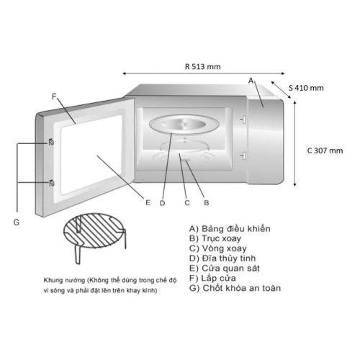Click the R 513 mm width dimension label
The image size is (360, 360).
[203, 66]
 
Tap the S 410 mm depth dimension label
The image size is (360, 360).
[306, 88]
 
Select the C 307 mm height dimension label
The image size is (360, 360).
[325, 150]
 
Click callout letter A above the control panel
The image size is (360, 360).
[251, 81]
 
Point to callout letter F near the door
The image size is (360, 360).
[54, 96]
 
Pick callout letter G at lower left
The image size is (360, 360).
[17, 222]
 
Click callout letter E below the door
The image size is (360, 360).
[148, 203]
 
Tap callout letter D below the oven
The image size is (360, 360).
[163, 203]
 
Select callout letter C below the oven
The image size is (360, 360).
[187, 203]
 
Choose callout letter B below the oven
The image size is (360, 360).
[207, 203]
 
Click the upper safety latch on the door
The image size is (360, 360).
[51, 143]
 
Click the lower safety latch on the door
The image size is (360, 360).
[51, 184]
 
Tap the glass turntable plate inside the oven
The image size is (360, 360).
[184, 125]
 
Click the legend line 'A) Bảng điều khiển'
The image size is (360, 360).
[230, 229]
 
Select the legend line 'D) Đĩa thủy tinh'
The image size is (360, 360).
[222, 258]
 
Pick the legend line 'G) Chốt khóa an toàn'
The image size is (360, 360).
[235, 288]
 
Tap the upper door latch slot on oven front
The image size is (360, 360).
[243, 120]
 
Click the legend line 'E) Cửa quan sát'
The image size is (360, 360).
[224, 269]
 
